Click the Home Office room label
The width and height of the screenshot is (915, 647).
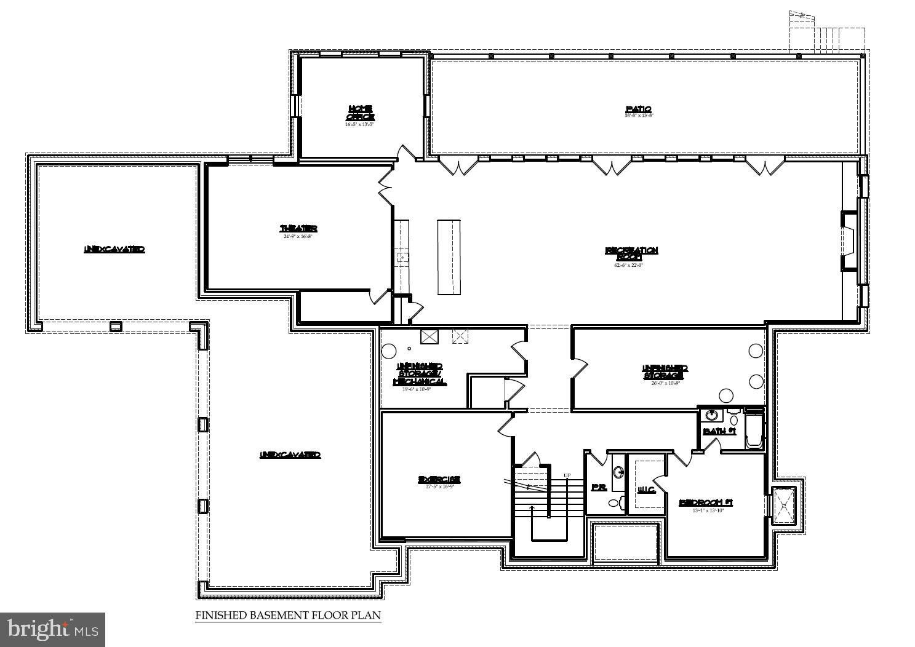pyautogui.click(x=360, y=112)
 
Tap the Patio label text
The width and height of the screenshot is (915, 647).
pyautogui.click(x=638, y=109)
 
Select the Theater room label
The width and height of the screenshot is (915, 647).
pyautogui.click(x=298, y=229)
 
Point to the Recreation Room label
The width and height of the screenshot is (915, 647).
pyautogui.click(x=631, y=253)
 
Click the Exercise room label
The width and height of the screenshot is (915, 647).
pyautogui.click(x=439, y=480)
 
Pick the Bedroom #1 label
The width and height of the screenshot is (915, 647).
pyautogui.click(x=706, y=502)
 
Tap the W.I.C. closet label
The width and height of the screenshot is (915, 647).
pyautogui.click(x=646, y=490)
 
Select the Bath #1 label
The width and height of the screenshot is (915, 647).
pyautogui.click(x=719, y=431)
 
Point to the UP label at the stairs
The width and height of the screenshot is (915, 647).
pyautogui.click(x=567, y=475)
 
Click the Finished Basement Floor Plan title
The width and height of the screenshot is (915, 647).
pyautogui.click(x=288, y=615)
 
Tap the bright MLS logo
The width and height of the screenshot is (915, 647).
pyautogui.click(x=52, y=629)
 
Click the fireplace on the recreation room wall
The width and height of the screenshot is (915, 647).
pyautogui.click(x=850, y=241)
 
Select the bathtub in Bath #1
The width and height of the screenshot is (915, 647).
pyautogui.click(x=754, y=430)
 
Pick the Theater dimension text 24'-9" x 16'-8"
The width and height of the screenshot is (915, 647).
pyautogui.click(x=298, y=237)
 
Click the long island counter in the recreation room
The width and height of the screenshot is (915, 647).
pyautogui.click(x=449, y=256)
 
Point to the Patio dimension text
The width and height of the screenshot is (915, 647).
pyautogui.click(x=638, y=116)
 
